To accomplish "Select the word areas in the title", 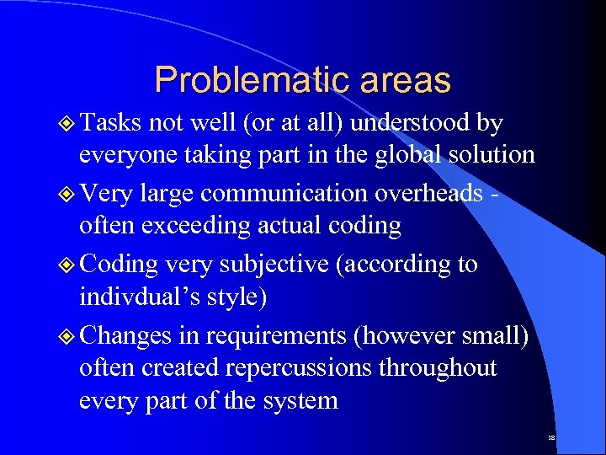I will pyautogui.click(x=407, y=80).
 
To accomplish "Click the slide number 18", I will pyautogui.click(x=550, y=438).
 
